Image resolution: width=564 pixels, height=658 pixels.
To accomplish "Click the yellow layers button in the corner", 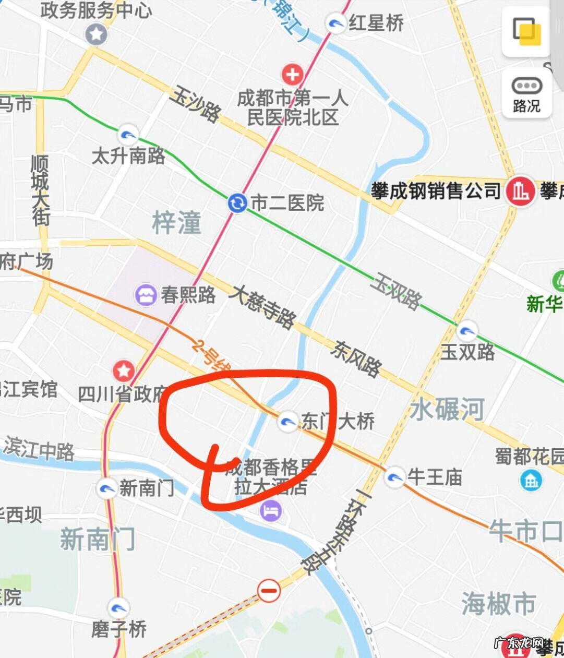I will click(x=526, y=31).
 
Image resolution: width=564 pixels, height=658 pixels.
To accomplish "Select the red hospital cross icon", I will click(x=292, y=75).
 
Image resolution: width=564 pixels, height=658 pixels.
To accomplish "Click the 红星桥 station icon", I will click(x=335, y=23).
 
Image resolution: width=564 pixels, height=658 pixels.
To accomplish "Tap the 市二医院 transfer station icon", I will click(x=237, y=202).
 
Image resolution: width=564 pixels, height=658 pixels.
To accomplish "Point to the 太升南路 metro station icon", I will click(x=128, y=136).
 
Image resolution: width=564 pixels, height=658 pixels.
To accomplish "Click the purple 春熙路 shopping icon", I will click(x=146, y=295).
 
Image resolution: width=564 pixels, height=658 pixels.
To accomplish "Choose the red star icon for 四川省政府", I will click(x=124, y=371).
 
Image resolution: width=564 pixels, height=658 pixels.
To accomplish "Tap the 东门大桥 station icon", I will click(x=288, y=421).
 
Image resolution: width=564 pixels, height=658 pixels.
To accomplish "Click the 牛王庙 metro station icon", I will click(x=394, y=476).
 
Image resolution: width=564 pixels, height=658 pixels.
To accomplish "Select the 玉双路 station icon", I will click(x=466, y=331).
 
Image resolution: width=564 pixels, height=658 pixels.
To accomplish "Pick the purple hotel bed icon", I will click(x=271, y=510).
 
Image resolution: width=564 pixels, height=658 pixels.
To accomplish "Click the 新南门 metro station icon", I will click(x=107, y=488).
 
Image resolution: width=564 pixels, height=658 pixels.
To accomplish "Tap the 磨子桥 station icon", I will click(x=119, y=608).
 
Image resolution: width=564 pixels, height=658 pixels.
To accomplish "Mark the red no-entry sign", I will click(x=269, y=591).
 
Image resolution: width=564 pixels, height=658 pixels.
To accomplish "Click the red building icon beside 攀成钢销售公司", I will click(x=519, y=190).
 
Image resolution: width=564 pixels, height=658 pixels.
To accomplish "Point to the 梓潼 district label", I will click(x=176, y=223).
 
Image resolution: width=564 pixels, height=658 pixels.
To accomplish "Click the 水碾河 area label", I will click(x=447, y=409).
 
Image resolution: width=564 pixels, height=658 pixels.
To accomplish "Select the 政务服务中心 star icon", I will click(x=97, y=35).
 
